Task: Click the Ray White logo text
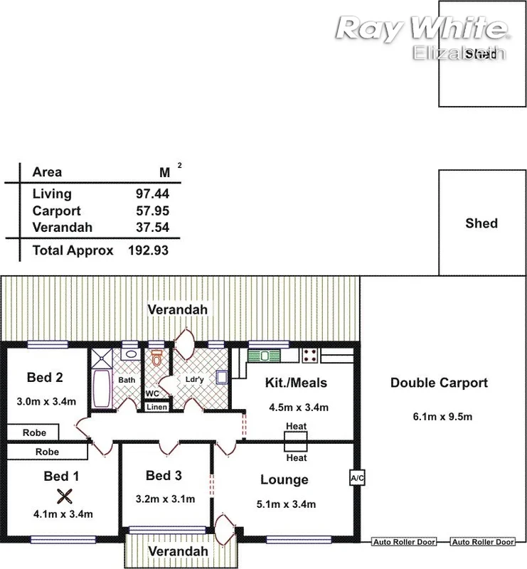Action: point(421,28)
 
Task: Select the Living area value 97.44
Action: point(152,193)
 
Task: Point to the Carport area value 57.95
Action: point(152,211)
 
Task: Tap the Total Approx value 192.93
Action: point(148,250)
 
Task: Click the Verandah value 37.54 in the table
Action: point(152,228)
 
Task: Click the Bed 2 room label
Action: point(46,377)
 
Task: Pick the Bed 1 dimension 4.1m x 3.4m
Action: point(63,514)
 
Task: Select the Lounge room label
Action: point(284,480)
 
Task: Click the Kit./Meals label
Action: point(297,383)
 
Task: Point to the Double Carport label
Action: point(439,383)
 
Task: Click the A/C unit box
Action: point(357,478)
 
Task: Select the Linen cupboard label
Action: point(156,408)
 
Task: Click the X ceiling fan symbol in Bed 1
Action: point(65,496)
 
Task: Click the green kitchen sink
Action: point(265,354)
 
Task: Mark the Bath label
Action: point(127,380)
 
